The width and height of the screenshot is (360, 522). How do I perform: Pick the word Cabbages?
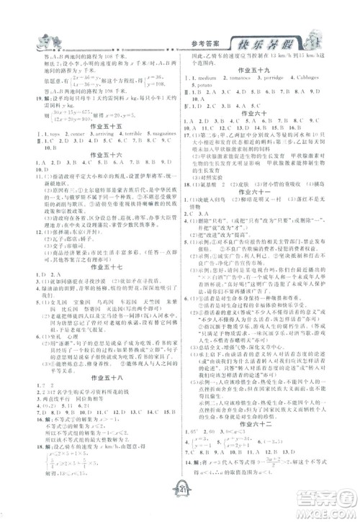318,78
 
